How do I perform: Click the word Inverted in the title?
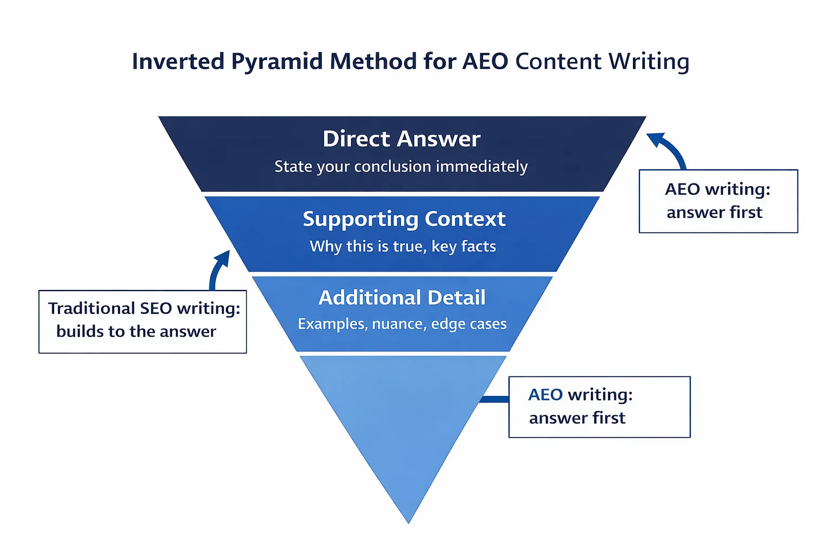coord(178,61)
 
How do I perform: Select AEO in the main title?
coord(485,61)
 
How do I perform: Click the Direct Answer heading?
coord(401,139)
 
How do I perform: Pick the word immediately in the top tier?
coord(482,167)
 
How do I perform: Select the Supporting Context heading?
coord(404,219)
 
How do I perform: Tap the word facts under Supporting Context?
coord(478,247)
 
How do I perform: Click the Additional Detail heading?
coord(402,298)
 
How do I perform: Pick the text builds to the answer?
coord(136,332)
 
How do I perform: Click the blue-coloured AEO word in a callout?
coord(545,395)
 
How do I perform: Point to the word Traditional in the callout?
coord(91,308)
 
